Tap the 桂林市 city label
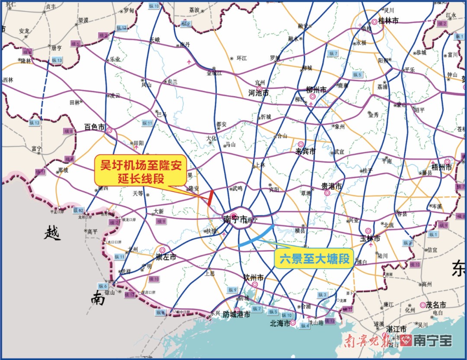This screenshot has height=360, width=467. click(388, 21)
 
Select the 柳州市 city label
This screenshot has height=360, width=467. click(316, 90)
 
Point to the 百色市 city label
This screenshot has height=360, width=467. click(95, 127)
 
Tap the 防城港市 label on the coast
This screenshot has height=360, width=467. click(236, 315)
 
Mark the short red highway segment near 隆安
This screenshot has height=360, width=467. click(210, 198)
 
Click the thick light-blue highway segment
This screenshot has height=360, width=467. click(256, 236)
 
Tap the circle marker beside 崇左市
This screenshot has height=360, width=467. click(162, 250)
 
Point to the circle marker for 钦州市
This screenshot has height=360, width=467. click(255, 284)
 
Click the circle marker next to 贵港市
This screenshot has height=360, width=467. click(327, 193)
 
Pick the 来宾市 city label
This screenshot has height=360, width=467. click(305, 152)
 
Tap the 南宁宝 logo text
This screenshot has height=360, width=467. click(432, 341)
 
